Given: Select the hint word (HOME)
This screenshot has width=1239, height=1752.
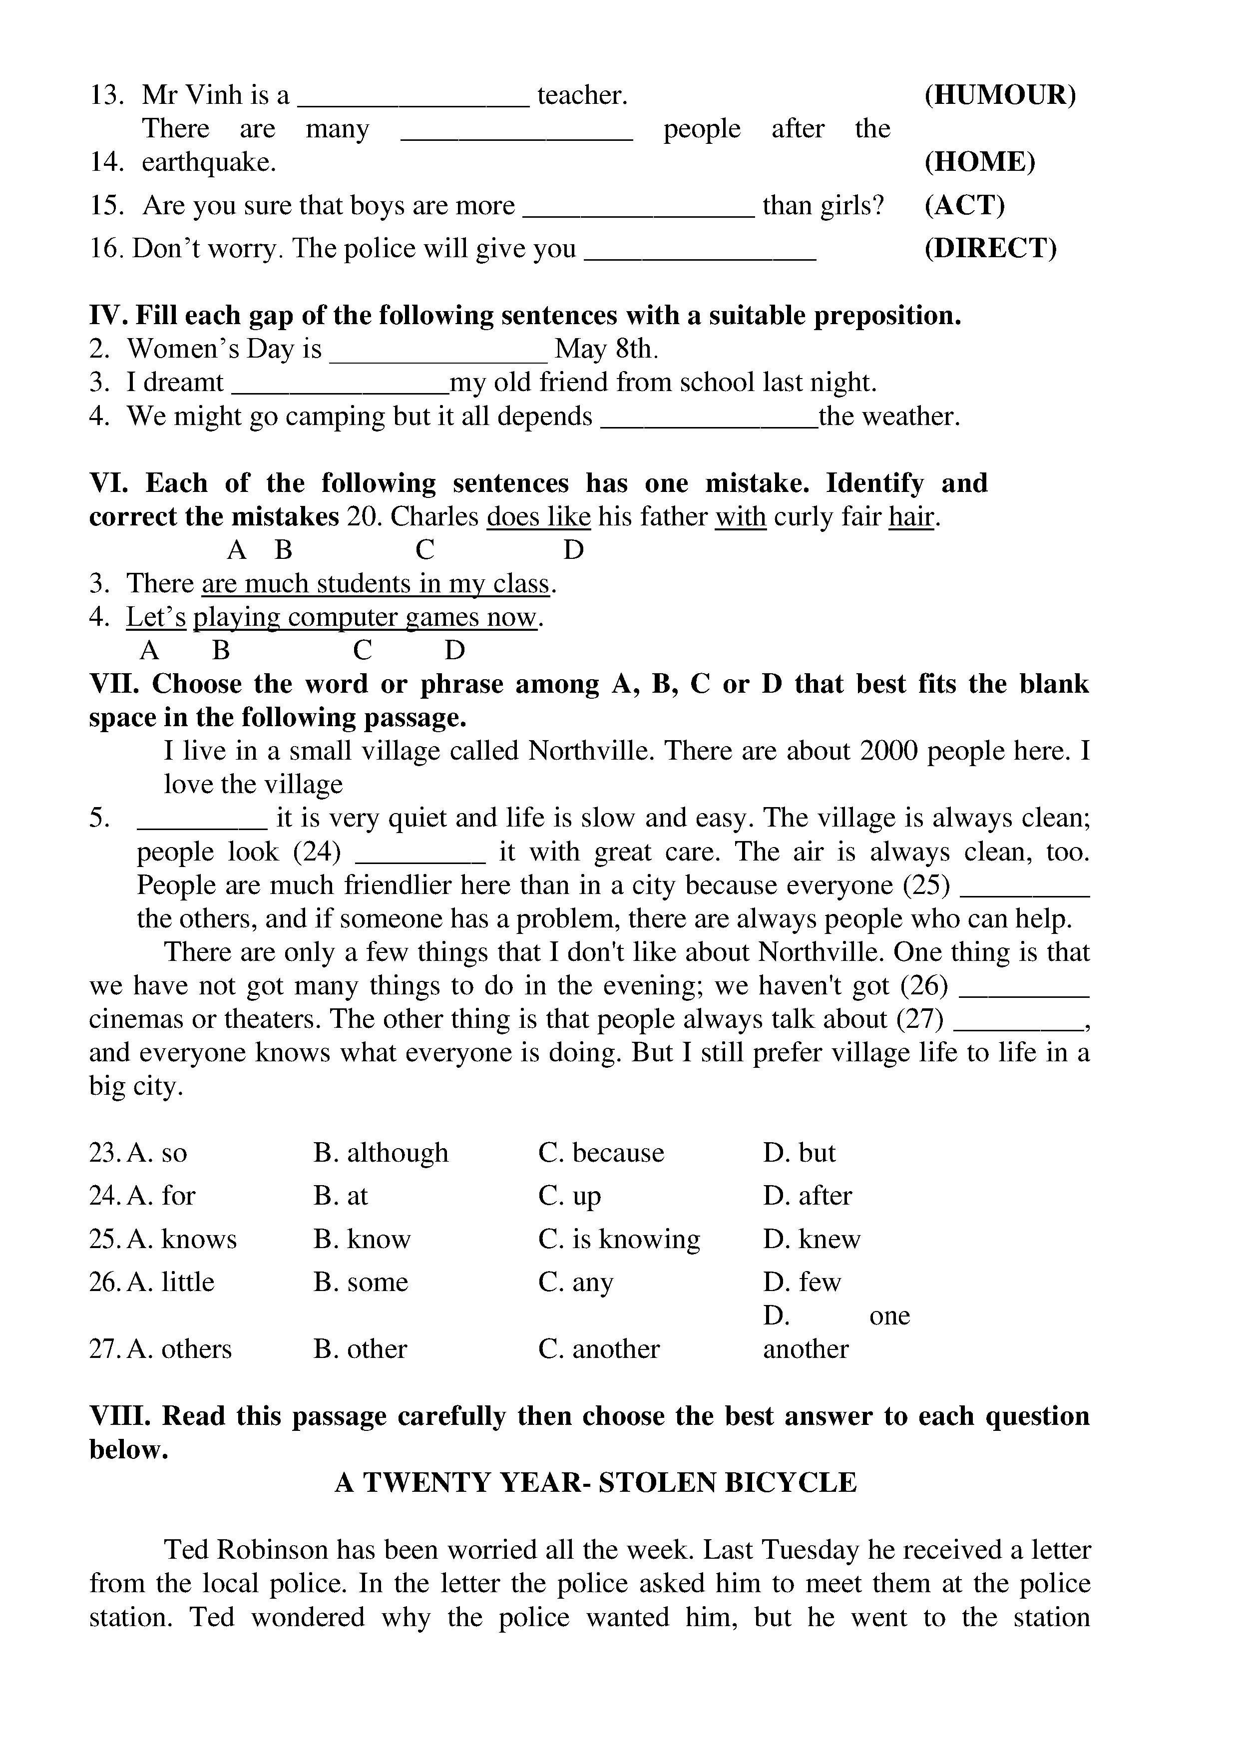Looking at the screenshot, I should point(980,162).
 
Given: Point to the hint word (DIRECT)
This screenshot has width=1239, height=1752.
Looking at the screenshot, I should point(990,248).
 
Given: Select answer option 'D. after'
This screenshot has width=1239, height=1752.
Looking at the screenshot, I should point(807,1195).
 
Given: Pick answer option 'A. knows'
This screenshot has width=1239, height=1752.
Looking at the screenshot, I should point(182,1239).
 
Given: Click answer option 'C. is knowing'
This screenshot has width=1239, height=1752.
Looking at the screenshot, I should point(619,1239).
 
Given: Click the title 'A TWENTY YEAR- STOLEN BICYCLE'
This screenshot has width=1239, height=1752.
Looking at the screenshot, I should point(596,1482).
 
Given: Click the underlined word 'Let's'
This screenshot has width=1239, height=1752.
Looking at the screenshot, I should point(156,617).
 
